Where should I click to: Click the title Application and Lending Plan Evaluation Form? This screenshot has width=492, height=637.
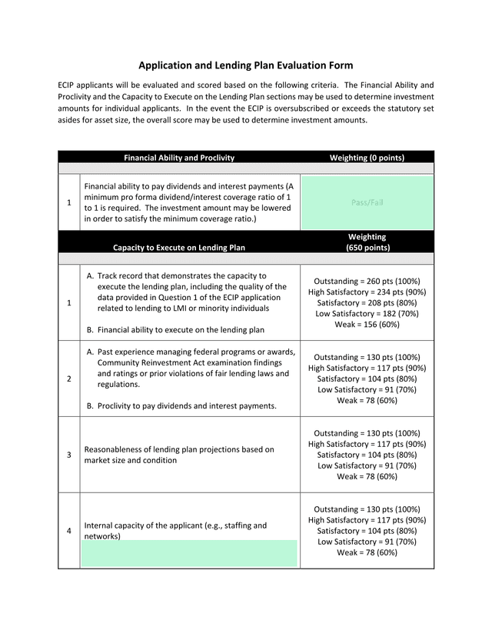click(x=245, y=65)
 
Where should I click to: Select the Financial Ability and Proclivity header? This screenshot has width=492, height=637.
click(x=179, y=158)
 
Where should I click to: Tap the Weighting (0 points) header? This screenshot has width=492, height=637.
click(x=367, y=158)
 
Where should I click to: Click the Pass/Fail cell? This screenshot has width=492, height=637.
click(x=367, y=202)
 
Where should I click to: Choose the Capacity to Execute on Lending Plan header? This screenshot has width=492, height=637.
click(x=179, y=248)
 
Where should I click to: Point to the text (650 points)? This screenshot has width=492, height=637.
click(x=367, y=248)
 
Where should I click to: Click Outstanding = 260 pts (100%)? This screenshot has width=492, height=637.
click(x=367, y=281)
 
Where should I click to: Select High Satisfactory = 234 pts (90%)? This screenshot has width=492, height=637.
click(x=367, y=292)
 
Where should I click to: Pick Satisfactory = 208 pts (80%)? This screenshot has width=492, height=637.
click(x=367, y=302)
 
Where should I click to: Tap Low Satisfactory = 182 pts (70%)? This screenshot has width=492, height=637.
click(x=367, y=313)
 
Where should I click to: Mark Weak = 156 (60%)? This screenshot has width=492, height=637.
click(x=367, y=324)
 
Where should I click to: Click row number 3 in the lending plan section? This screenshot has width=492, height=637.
click(x=69, y=455)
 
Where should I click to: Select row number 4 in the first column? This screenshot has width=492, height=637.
click(x=69, y=531)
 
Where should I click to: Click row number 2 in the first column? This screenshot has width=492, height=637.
click(x=69, y=379)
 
